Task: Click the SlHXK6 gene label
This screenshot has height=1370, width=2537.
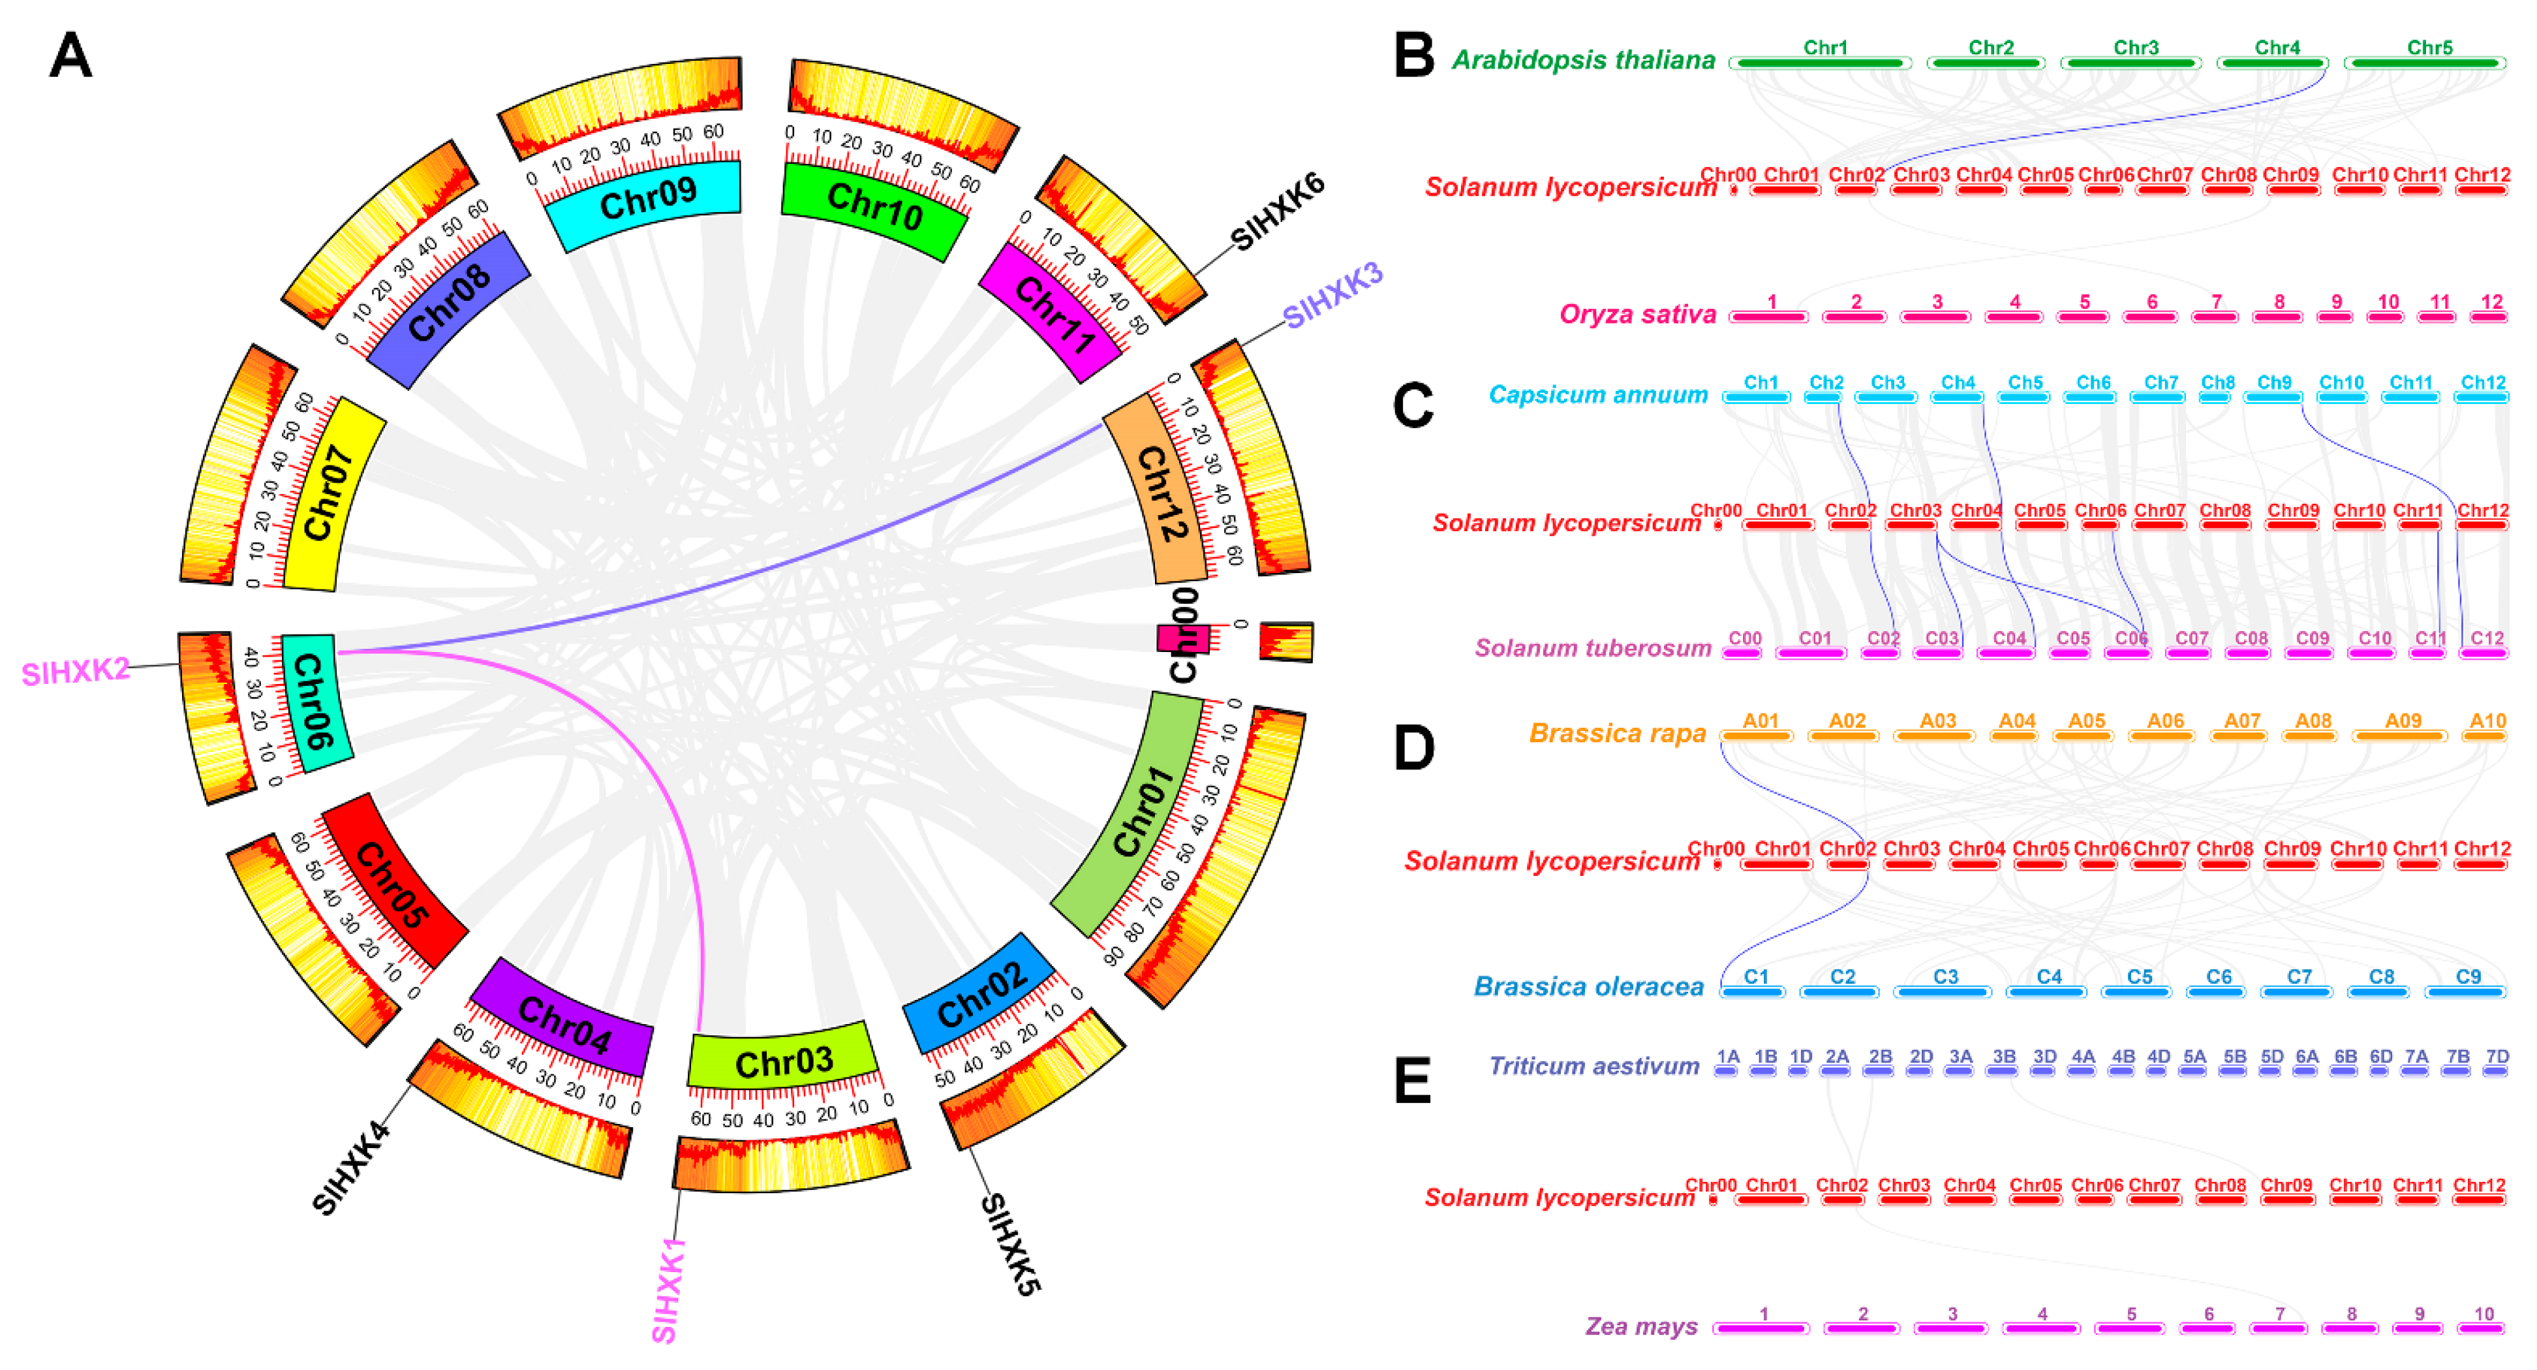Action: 1278,211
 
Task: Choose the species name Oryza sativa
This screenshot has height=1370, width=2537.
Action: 1637,314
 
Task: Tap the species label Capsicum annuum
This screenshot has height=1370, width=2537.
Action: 1597,395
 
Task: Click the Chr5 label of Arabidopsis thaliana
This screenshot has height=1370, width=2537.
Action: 2429,47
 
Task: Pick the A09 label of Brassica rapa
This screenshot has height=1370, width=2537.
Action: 2403,721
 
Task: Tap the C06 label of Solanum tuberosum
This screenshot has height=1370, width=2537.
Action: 2131,638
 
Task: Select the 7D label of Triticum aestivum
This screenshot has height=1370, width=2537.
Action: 2497,1057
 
